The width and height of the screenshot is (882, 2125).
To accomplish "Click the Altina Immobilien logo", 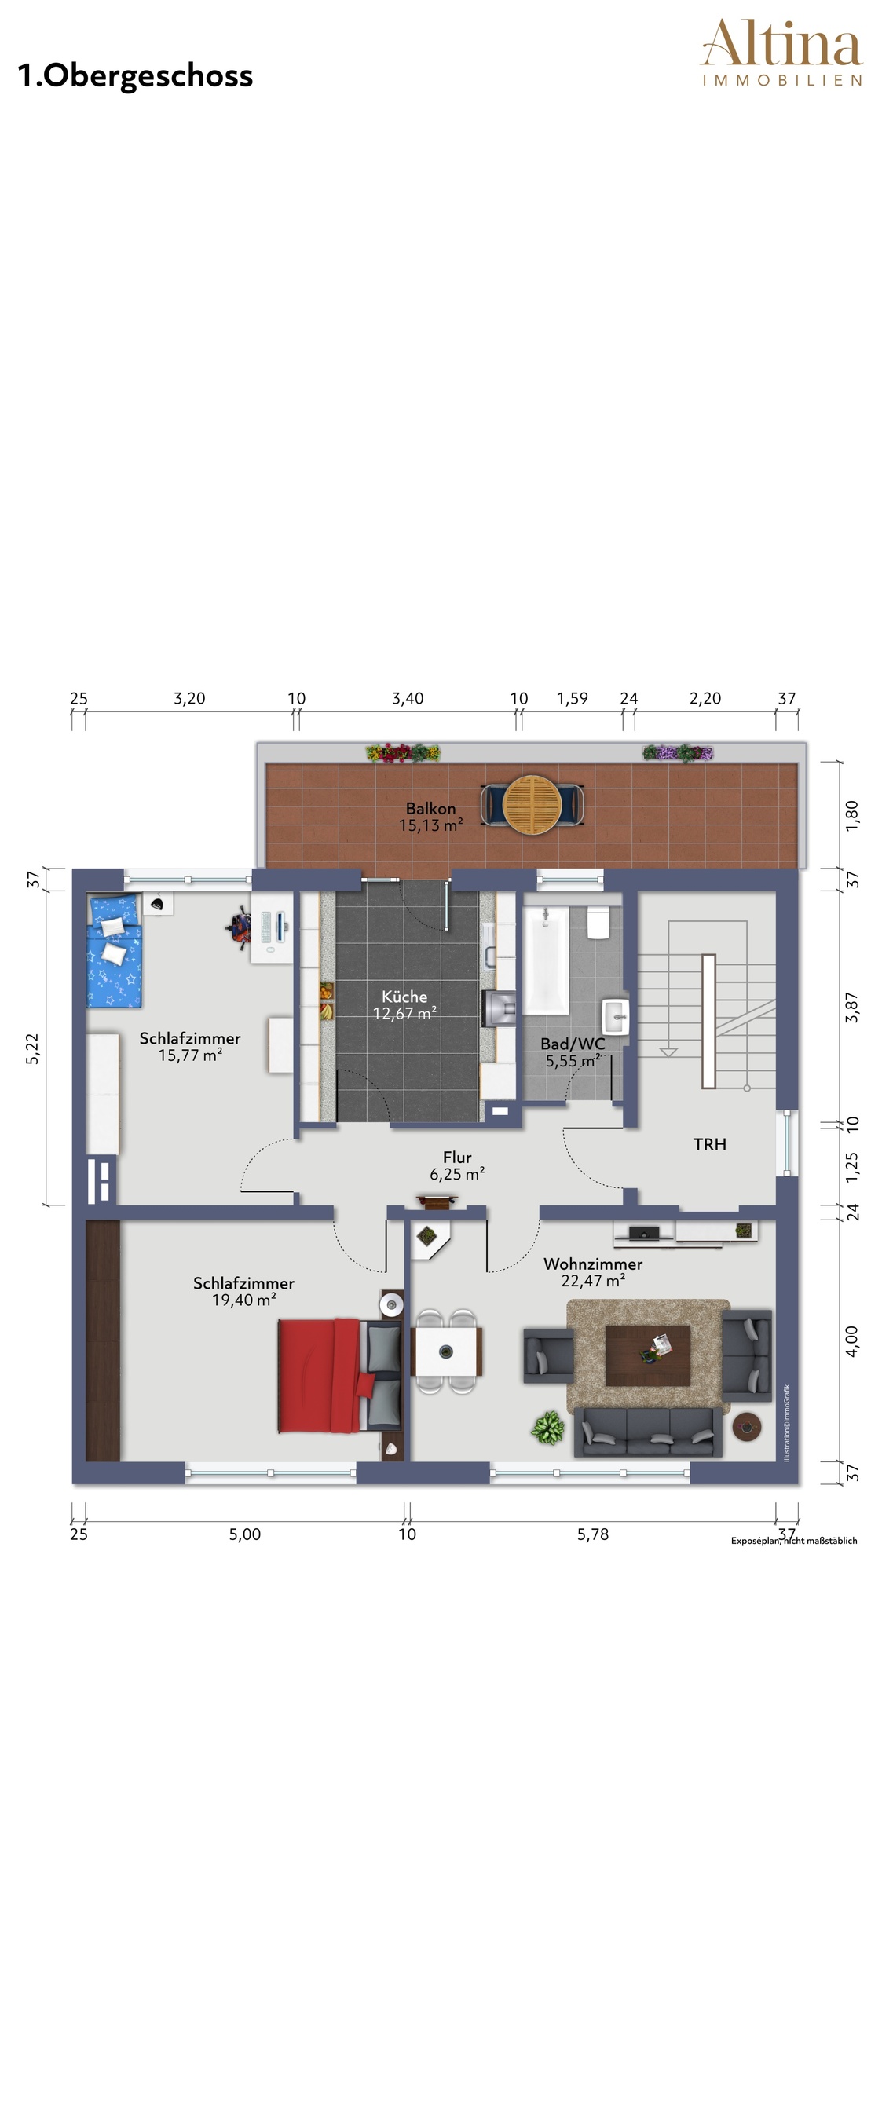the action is click(781, 53).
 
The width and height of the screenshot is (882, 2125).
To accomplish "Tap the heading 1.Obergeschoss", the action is click(135, 76).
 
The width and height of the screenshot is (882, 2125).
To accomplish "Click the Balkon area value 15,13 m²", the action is click(430, 825).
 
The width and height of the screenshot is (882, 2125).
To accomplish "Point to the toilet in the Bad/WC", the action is click(598, 922).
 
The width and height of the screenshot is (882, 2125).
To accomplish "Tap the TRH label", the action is click(709, 1144).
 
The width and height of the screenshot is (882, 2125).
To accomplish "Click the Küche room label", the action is click(404, 997).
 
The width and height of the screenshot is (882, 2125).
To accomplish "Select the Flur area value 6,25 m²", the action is click(457, 1174).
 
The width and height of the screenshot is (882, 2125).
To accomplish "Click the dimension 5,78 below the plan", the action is click(592, 1534).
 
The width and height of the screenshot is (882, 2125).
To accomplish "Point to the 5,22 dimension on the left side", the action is click(32, 1049).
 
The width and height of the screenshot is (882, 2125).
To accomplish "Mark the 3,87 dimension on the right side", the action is click(852, 1008).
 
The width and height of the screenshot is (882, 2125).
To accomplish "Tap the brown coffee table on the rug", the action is click(648, 1355).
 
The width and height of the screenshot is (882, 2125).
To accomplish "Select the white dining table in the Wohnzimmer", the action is click(446, 1351).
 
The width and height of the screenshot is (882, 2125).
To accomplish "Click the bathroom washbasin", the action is click(615, 1016).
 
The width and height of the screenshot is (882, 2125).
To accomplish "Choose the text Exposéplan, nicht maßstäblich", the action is click(794, 1540).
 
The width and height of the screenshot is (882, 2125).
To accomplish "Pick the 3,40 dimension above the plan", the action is click(408, 699).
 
